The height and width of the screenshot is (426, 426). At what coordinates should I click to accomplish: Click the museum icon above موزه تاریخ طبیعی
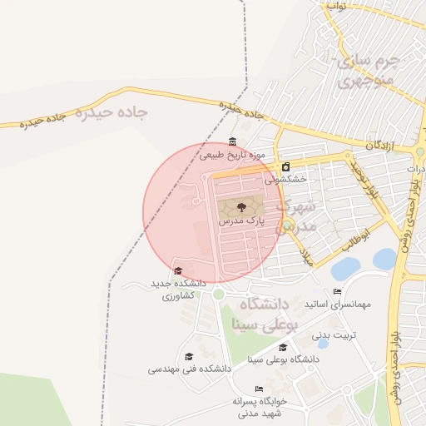(x=231, y=141)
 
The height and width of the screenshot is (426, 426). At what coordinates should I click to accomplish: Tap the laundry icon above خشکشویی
(x=286, y=166)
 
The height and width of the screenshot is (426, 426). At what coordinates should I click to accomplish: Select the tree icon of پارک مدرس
(x=241, y=207)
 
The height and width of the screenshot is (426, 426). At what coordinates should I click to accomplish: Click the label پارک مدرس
(x=241, y=222)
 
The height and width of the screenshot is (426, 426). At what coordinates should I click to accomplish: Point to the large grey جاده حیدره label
(x=112, y=112)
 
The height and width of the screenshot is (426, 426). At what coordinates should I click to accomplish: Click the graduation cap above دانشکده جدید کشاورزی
(x=177, y=270)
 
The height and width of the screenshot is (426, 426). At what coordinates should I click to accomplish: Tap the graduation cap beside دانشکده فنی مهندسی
(x=189, y=356)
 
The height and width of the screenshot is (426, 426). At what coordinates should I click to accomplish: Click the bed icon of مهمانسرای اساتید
(x=337, y=291)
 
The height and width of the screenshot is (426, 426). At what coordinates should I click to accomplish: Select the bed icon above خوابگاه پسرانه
(x=259, y=389)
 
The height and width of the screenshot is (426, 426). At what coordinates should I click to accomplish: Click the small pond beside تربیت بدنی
(x=322, y=342)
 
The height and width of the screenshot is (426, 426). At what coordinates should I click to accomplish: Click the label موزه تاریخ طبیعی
(x=232, y=155)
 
